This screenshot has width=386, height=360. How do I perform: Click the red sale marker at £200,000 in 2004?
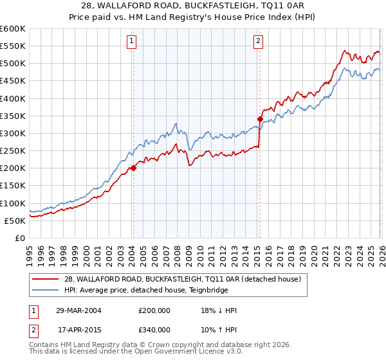point(133,168)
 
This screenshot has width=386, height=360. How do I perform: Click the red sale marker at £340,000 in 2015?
point(260,119)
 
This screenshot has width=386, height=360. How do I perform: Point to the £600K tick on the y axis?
point(13,29)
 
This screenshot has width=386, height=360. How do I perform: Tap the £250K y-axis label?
point(13,150)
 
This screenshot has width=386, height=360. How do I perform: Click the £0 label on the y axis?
point(19,238)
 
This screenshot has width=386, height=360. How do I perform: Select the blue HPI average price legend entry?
point(154,289)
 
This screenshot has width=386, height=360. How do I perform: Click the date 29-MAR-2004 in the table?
point(78,310)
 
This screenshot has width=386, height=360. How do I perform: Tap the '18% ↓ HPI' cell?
point(219,310)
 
